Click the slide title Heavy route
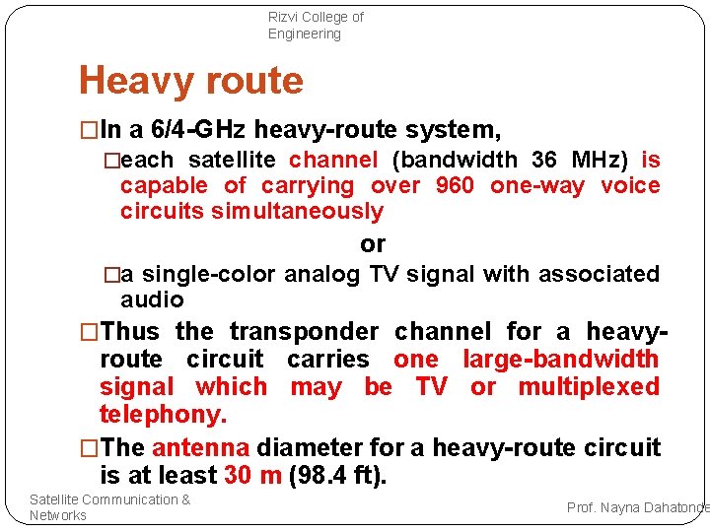coord(190,80)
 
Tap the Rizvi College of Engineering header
coord(316,26)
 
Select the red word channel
coord(333,160)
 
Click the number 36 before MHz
coord(543,160)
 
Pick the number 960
coord(454,185)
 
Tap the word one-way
coord(537,185)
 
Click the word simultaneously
coord(297,211)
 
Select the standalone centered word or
coord(373,243)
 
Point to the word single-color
coord(211,273)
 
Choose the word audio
coord(152,299)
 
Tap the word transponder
coord(303,332)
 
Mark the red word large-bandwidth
coord(560,360)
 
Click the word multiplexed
coord(589,386)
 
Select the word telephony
coord(163,413)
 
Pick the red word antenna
coord(200,447)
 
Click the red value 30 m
coord(250,475)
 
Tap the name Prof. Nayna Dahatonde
coord(637,506)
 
